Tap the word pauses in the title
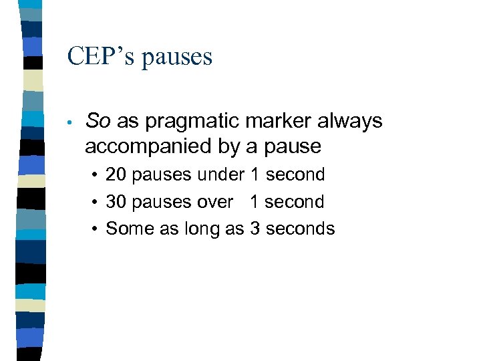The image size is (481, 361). (176, 57)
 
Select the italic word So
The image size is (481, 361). (98, 121)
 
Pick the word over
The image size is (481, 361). (215, 202)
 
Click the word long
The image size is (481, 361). (200, 229)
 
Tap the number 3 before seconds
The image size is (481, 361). (255, 228)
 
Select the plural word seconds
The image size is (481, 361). (300, 228)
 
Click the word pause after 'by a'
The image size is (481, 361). (291, 146)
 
